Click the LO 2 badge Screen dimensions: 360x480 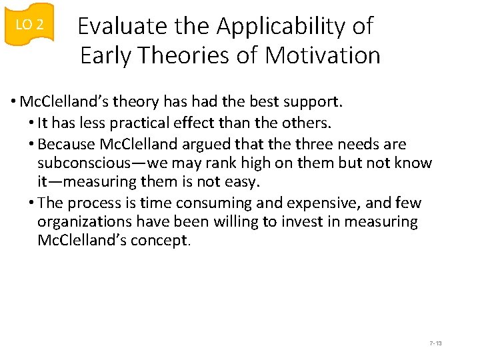pyautogui.click(x=29, y=25)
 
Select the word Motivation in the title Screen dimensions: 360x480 pyautogui.click(x=323, y=55)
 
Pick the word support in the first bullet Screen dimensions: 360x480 pyautogui.click(x=315, y=102)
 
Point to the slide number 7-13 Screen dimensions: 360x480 pyautogui.click(x=436, y=343)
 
